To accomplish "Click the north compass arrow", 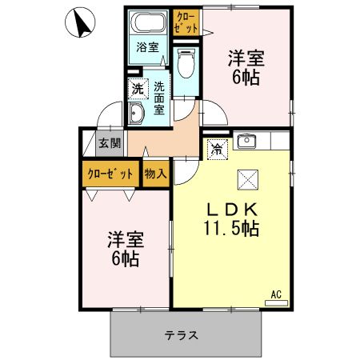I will tap(81, 23).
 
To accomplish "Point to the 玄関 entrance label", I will tap(110, 144).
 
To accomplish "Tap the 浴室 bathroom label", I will tap(147, 46).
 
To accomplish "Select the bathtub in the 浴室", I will tap(148, 23).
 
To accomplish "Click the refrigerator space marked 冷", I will tap(217, 147).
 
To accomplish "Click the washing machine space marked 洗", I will tap(138, 88).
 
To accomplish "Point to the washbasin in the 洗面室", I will tap(135, 114).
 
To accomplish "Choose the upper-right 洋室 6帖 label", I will tap(246, 67).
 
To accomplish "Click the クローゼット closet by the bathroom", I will tap(184, 21).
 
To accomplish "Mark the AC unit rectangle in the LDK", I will tap(276, 302).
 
